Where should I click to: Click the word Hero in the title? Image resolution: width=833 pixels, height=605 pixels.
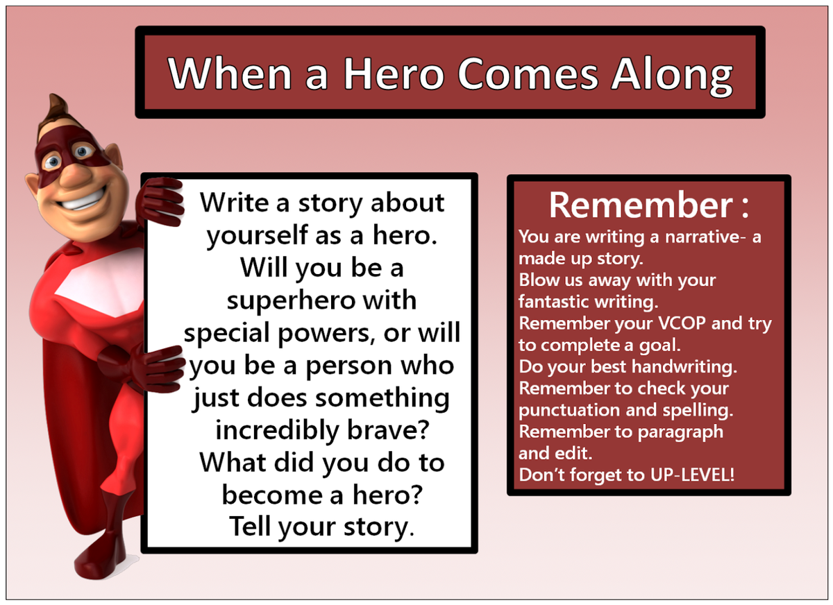394,74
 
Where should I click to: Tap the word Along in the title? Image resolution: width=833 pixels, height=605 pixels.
672,77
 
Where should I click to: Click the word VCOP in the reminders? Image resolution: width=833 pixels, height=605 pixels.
682,323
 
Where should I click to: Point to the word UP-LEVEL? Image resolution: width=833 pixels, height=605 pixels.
692,475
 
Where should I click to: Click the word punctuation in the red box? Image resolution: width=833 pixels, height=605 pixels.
569,411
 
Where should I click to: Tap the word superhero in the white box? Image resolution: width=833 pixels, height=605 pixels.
290,301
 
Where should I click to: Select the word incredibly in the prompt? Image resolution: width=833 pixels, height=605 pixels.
277,431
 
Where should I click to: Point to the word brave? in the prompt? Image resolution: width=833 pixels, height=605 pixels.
388,430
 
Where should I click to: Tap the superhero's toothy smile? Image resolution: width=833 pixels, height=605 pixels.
84,199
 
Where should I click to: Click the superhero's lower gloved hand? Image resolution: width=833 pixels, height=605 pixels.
153,368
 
